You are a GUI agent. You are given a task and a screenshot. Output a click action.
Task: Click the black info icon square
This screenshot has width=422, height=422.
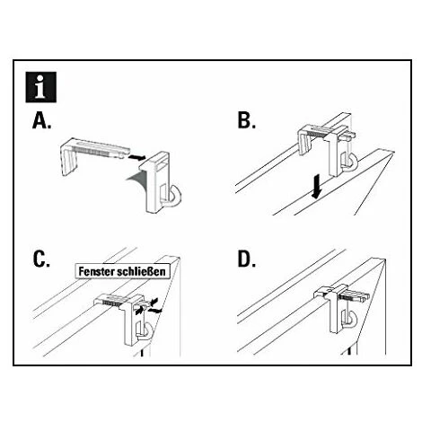[41, 87]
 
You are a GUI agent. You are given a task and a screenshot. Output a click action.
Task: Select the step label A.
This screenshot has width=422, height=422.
[41, 121]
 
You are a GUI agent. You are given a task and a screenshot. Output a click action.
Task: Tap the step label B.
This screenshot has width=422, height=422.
[246, 120]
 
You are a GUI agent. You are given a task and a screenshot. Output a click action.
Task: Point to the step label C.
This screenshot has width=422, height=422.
[41, 259]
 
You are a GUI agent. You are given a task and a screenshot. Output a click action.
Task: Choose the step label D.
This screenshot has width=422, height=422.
[247, 259]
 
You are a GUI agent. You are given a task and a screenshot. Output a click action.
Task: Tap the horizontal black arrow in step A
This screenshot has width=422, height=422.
[136, 157]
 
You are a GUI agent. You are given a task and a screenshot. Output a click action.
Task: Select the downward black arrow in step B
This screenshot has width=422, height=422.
[316, 187]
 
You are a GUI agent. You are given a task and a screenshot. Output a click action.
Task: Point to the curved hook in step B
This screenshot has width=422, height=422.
[354, 162]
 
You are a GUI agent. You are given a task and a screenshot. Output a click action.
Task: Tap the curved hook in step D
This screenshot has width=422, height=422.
[353, 320]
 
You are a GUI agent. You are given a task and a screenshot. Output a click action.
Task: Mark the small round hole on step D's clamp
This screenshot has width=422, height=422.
[330, 290]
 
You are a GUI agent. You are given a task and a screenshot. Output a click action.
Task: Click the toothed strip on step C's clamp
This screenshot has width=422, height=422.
[112, 303]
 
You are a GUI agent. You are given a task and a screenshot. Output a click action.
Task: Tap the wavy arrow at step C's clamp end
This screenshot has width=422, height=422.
[155, 311]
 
